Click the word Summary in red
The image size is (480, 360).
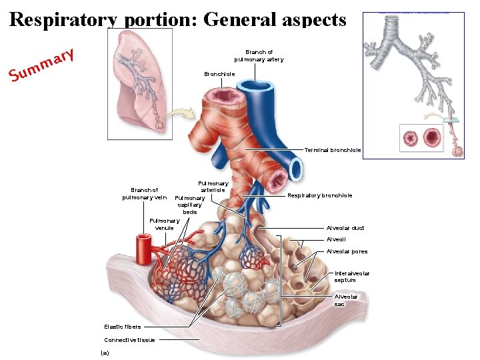coord(41,68)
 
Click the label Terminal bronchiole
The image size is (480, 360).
coord(333,150)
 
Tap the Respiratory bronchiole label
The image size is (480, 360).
coord(319,195)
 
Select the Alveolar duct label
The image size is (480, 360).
coord(345,228)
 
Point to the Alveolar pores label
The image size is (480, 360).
coord(347,251)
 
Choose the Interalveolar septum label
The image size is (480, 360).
coord(351,277)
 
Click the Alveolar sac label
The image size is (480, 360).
coord(346,300)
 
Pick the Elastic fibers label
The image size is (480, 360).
coord(123,327)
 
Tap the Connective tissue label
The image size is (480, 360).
coord(129,340)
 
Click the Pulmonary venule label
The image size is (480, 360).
coord(164,224)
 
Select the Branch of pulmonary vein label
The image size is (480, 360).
coord(144,193)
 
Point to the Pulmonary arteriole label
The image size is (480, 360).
coord(213,187)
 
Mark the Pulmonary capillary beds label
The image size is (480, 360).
coord(189,205)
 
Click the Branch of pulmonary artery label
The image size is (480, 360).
coord(259,55)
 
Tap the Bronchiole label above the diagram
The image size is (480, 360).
coord(219,74)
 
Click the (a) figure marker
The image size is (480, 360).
coord(104,352)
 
